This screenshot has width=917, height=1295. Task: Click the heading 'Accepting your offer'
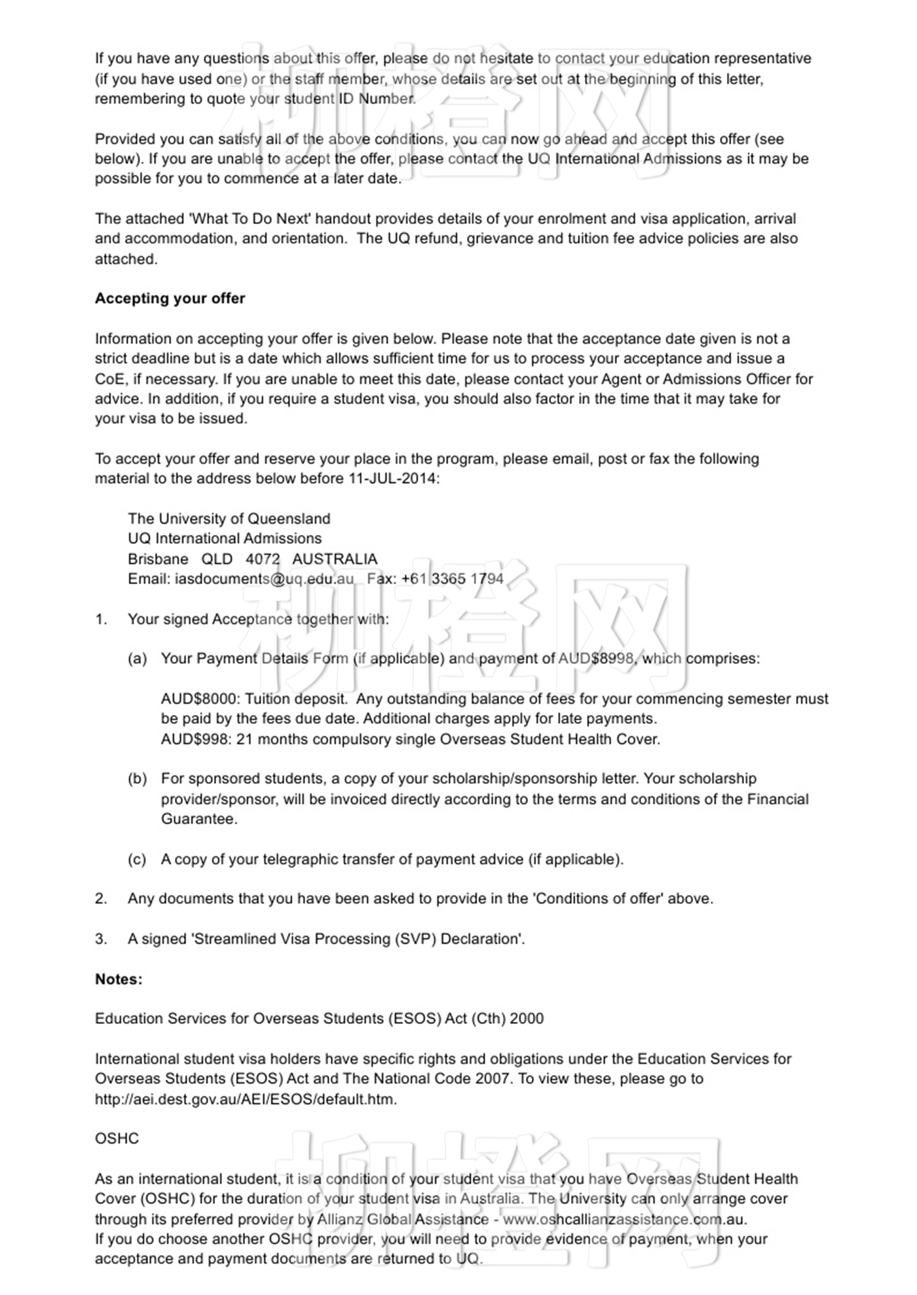pos(170,299)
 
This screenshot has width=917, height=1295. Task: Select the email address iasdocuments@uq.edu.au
pos(264,579)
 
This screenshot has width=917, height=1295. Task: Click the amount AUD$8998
pos(596,659)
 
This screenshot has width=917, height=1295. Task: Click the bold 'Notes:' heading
pos(119,979)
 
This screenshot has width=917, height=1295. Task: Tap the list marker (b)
pos(137,779)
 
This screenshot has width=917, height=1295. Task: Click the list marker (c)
pos(137,860)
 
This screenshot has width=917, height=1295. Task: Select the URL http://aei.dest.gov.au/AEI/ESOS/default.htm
pos(246,1099)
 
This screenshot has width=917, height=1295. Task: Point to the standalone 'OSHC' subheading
pos(117,1139)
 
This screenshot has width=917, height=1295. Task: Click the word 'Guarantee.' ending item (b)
pos(199,819)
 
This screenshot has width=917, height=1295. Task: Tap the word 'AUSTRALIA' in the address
pos(335,559)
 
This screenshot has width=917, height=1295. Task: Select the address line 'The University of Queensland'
pos(229,519)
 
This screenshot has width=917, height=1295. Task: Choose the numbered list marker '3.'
pos(101,939)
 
